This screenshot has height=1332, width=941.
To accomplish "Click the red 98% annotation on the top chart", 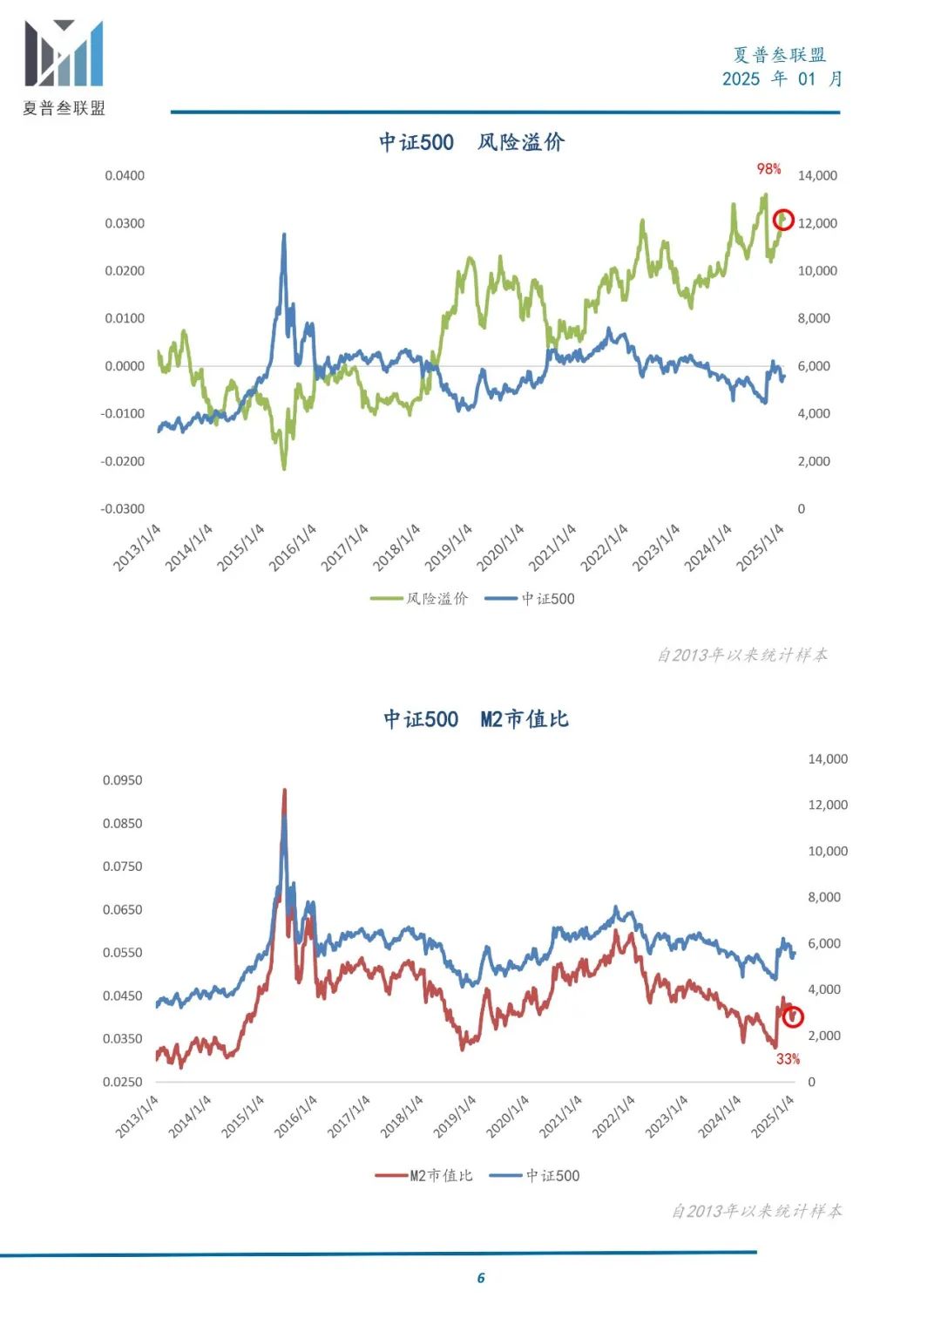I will point(768,169).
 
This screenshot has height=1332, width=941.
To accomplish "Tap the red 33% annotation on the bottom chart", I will point(788,1058).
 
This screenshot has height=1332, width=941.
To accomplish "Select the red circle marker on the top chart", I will point(783,219).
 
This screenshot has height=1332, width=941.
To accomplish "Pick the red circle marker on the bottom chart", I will point(792,1016).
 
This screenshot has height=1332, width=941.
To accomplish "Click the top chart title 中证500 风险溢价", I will point(471,142).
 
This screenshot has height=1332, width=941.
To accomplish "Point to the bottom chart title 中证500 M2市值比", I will point(476,719).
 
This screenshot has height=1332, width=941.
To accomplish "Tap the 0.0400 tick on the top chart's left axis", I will point(125,176).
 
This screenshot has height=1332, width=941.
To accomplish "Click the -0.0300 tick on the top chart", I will point(122,509).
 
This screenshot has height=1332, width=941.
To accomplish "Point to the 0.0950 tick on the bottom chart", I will point(122,780).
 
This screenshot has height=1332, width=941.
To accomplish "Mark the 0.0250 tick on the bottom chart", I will point(122,1082).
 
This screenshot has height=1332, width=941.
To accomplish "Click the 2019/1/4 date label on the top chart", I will point(449,547).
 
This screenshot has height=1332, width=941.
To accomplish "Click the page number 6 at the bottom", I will point(481,1278).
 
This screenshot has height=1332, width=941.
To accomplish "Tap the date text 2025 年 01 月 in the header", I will point(782,79).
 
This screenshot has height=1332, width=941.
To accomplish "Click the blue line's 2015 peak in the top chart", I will point(284,234).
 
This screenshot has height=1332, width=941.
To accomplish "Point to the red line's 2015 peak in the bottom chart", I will point(284,790).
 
